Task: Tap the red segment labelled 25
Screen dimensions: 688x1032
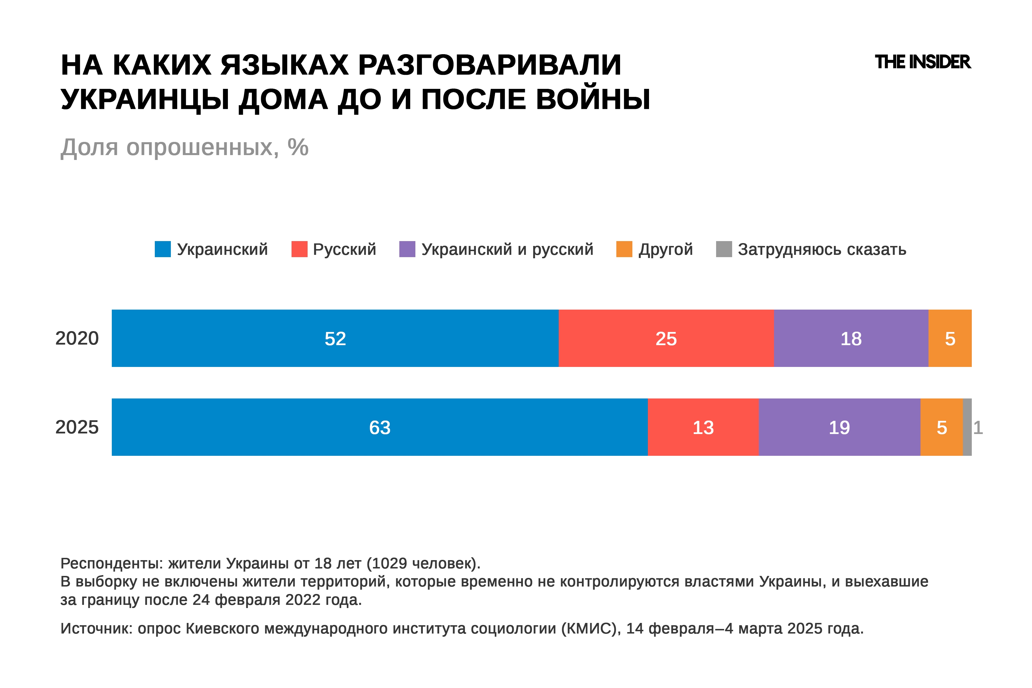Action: click(666, 338)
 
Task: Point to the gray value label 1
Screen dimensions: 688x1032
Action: click(978, 427)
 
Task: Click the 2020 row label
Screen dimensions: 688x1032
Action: click(77, 338)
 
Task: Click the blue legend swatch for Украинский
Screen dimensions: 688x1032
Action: click(163, 249)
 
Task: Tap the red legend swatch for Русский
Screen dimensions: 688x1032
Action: click(299, 249)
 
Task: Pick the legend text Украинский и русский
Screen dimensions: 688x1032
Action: click(507, 249)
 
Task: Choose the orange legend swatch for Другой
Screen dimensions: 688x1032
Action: click(624, 249)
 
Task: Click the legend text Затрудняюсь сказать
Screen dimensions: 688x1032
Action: click(822, 249)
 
